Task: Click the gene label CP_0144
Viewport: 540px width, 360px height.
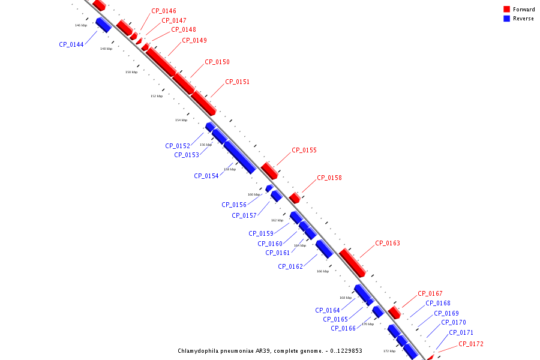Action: click(x=71, y=44)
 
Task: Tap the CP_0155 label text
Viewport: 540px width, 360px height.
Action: click(x=304, y=150)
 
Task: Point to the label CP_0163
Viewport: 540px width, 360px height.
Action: click(x=388, y=243)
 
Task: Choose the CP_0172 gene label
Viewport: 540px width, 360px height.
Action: click(x=471, y=344)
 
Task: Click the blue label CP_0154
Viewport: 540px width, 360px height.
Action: click(x=206, y=176)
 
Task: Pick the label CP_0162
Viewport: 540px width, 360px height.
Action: click(x=290, y=266)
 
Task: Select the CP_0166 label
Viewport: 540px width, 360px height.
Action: click(x=343, y=328)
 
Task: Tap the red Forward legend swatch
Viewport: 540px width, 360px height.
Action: click(x=507, y=9)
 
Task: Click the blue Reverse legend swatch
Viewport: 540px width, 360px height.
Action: click(x=507, y=19)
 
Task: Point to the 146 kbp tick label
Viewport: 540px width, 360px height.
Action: click(x=81, y=25)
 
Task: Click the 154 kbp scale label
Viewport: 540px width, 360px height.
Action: click(x=181, y=120)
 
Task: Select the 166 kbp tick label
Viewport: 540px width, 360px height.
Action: click(x=323, y=271)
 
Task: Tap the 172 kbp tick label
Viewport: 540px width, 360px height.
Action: click(x=389, y=351)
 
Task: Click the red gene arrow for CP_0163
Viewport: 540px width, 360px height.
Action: click(x=352, y=263)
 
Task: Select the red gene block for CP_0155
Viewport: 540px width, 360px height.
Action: click(x=269, y=170)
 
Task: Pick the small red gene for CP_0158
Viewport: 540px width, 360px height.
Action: click(x=295, y=197)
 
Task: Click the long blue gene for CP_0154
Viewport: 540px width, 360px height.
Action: click(x=239, y=157)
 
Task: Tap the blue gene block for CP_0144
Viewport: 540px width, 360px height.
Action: click(x=103, y=25)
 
